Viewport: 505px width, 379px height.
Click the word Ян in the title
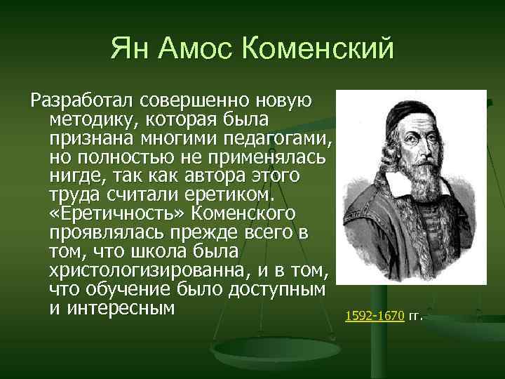click(130, 50)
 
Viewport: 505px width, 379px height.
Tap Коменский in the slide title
click(317, 50)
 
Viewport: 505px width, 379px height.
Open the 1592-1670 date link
click(375, 316)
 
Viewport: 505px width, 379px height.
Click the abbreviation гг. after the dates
click(416, 316)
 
